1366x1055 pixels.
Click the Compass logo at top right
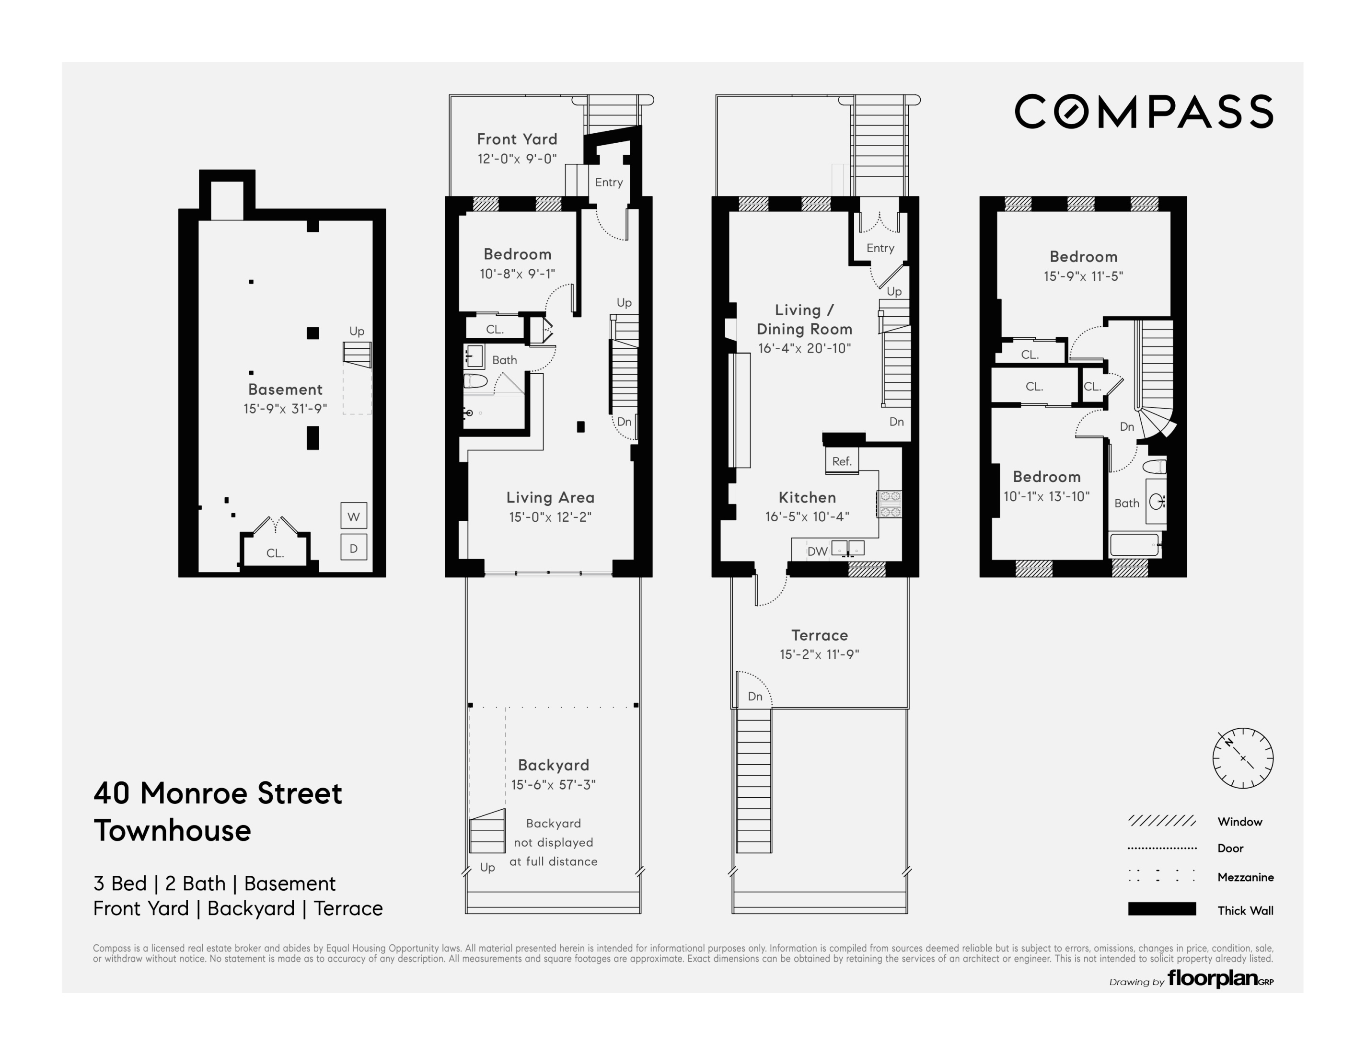pyautogui.click(x=1143, y=112)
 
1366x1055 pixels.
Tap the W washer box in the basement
pyautogui.click(x=353, y=516)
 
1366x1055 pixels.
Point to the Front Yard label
pyautogui.click(x=517, y=139)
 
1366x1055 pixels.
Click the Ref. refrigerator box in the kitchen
pyautogui.click(x=842, y=461)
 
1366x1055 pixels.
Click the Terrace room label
pyautogui.click(x=819, y=635)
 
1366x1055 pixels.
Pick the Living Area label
pyautogui.click(x=550, y=497)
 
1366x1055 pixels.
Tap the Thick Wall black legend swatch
pyautogui.click(x=1161, y=909)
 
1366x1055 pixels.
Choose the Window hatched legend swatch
pyautogui.click(x=1161, y=821)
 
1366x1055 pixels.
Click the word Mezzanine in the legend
pyautogui.click(x=1245, y=877)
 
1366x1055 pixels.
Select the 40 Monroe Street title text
pyautogui.click(x=218, y=793)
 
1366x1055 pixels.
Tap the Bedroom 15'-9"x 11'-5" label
pyautogui.click(x=1083, y=266)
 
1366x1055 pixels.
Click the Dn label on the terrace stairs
pyautogui.click(x=755, y=696)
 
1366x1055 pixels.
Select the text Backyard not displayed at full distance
pyautogui.click(x=553, y=842)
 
